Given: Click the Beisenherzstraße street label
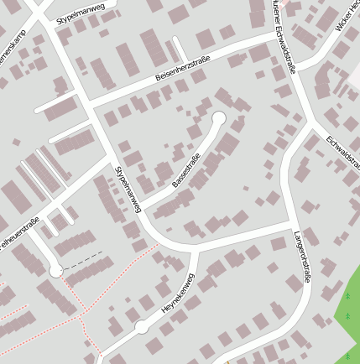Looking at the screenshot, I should click(x=182, y=68).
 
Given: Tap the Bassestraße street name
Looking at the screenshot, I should click(x=186, y=170).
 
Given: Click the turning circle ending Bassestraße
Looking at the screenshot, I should click(x=220, y=118).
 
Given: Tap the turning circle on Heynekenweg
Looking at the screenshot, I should click(x=142, y=327).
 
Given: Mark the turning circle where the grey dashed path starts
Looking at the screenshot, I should click(x=55, y=271).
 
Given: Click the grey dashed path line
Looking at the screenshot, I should click(x=84, y=258).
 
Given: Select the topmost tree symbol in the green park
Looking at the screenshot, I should click(x=347, y=296).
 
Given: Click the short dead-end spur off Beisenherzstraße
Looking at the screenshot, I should click(x=179, y=49).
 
